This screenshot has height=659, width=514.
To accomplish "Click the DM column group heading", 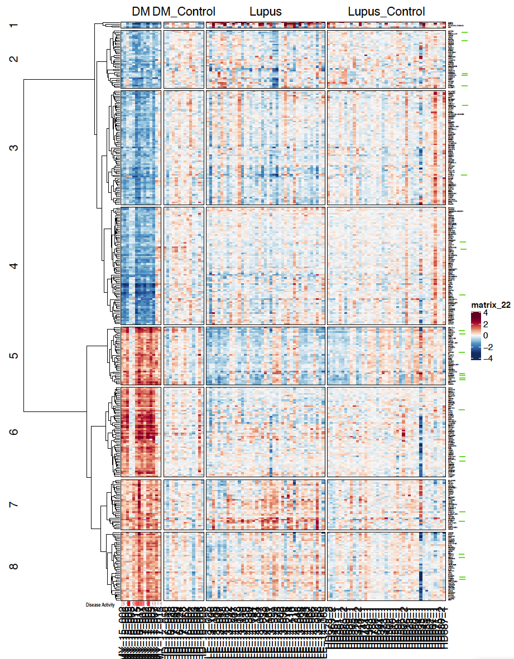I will click(x=141, y=12).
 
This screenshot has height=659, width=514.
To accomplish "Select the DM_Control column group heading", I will click(x=184, y=12).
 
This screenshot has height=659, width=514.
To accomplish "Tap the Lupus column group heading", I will click(x=266, y=12).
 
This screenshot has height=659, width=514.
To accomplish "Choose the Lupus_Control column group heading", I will click(x=386, y=12).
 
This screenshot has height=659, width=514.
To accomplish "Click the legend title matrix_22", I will click(x=491, y=304).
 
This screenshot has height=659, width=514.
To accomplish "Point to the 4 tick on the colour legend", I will click(x=485, y=313).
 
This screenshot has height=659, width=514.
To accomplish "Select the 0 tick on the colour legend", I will click(x=485, y=336).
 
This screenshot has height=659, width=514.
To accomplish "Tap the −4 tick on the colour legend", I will click(x=487, y=358).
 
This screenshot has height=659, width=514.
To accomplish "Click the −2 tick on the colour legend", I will click(x=487, y=347).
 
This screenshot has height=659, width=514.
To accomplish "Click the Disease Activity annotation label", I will click(x=100, y=604).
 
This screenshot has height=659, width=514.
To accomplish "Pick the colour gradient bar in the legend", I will click(x=475, y=336).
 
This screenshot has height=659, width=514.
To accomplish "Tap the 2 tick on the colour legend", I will click(x=485, y=324).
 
